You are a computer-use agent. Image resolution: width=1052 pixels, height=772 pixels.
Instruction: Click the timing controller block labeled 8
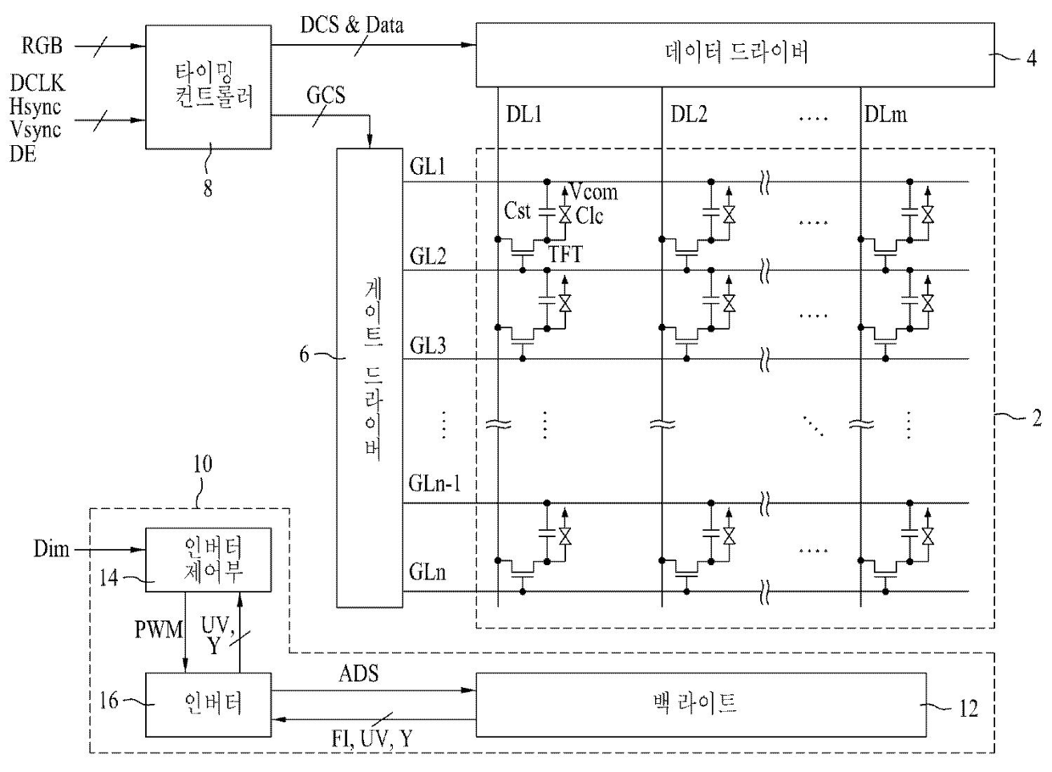coord(208,87)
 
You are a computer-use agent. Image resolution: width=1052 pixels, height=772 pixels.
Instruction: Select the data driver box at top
coord(735,55)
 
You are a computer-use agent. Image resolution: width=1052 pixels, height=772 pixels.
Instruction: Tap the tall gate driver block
coord(370,378)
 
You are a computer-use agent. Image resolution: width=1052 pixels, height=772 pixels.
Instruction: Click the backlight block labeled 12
coord(701,704)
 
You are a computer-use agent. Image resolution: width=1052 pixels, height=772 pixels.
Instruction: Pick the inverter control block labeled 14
coord(208,560)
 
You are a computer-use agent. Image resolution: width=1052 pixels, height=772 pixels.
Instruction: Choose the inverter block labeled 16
coord(208,704)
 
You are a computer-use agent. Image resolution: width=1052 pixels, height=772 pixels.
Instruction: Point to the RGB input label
coord(42,46)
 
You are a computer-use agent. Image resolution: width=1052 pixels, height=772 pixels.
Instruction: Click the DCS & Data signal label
coord(352,25)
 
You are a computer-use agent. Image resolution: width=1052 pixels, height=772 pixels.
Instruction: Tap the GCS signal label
coord(326,95)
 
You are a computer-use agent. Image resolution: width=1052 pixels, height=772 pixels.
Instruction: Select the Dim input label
coord(51,549)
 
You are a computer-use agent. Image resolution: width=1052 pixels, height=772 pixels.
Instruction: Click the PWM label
coord(159,629)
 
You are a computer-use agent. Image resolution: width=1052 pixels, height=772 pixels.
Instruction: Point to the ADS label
coord(358,674)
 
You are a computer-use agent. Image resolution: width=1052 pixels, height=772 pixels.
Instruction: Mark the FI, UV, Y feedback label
coord(372,739)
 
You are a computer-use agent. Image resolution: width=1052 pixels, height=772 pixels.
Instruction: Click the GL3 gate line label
coord(428,345)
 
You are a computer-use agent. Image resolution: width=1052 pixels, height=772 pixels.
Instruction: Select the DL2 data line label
coord(689,115)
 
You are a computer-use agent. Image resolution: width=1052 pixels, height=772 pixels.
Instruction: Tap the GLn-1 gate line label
coord(434,484)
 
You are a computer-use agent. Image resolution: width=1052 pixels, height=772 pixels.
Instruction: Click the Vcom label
coord(594,192)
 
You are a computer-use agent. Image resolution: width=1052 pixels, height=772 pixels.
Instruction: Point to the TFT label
coord(565,255)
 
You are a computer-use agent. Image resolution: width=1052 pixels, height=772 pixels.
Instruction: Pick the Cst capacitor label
coord(517,211)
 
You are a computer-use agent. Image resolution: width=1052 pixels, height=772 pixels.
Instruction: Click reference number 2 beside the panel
coord(1037,418)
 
